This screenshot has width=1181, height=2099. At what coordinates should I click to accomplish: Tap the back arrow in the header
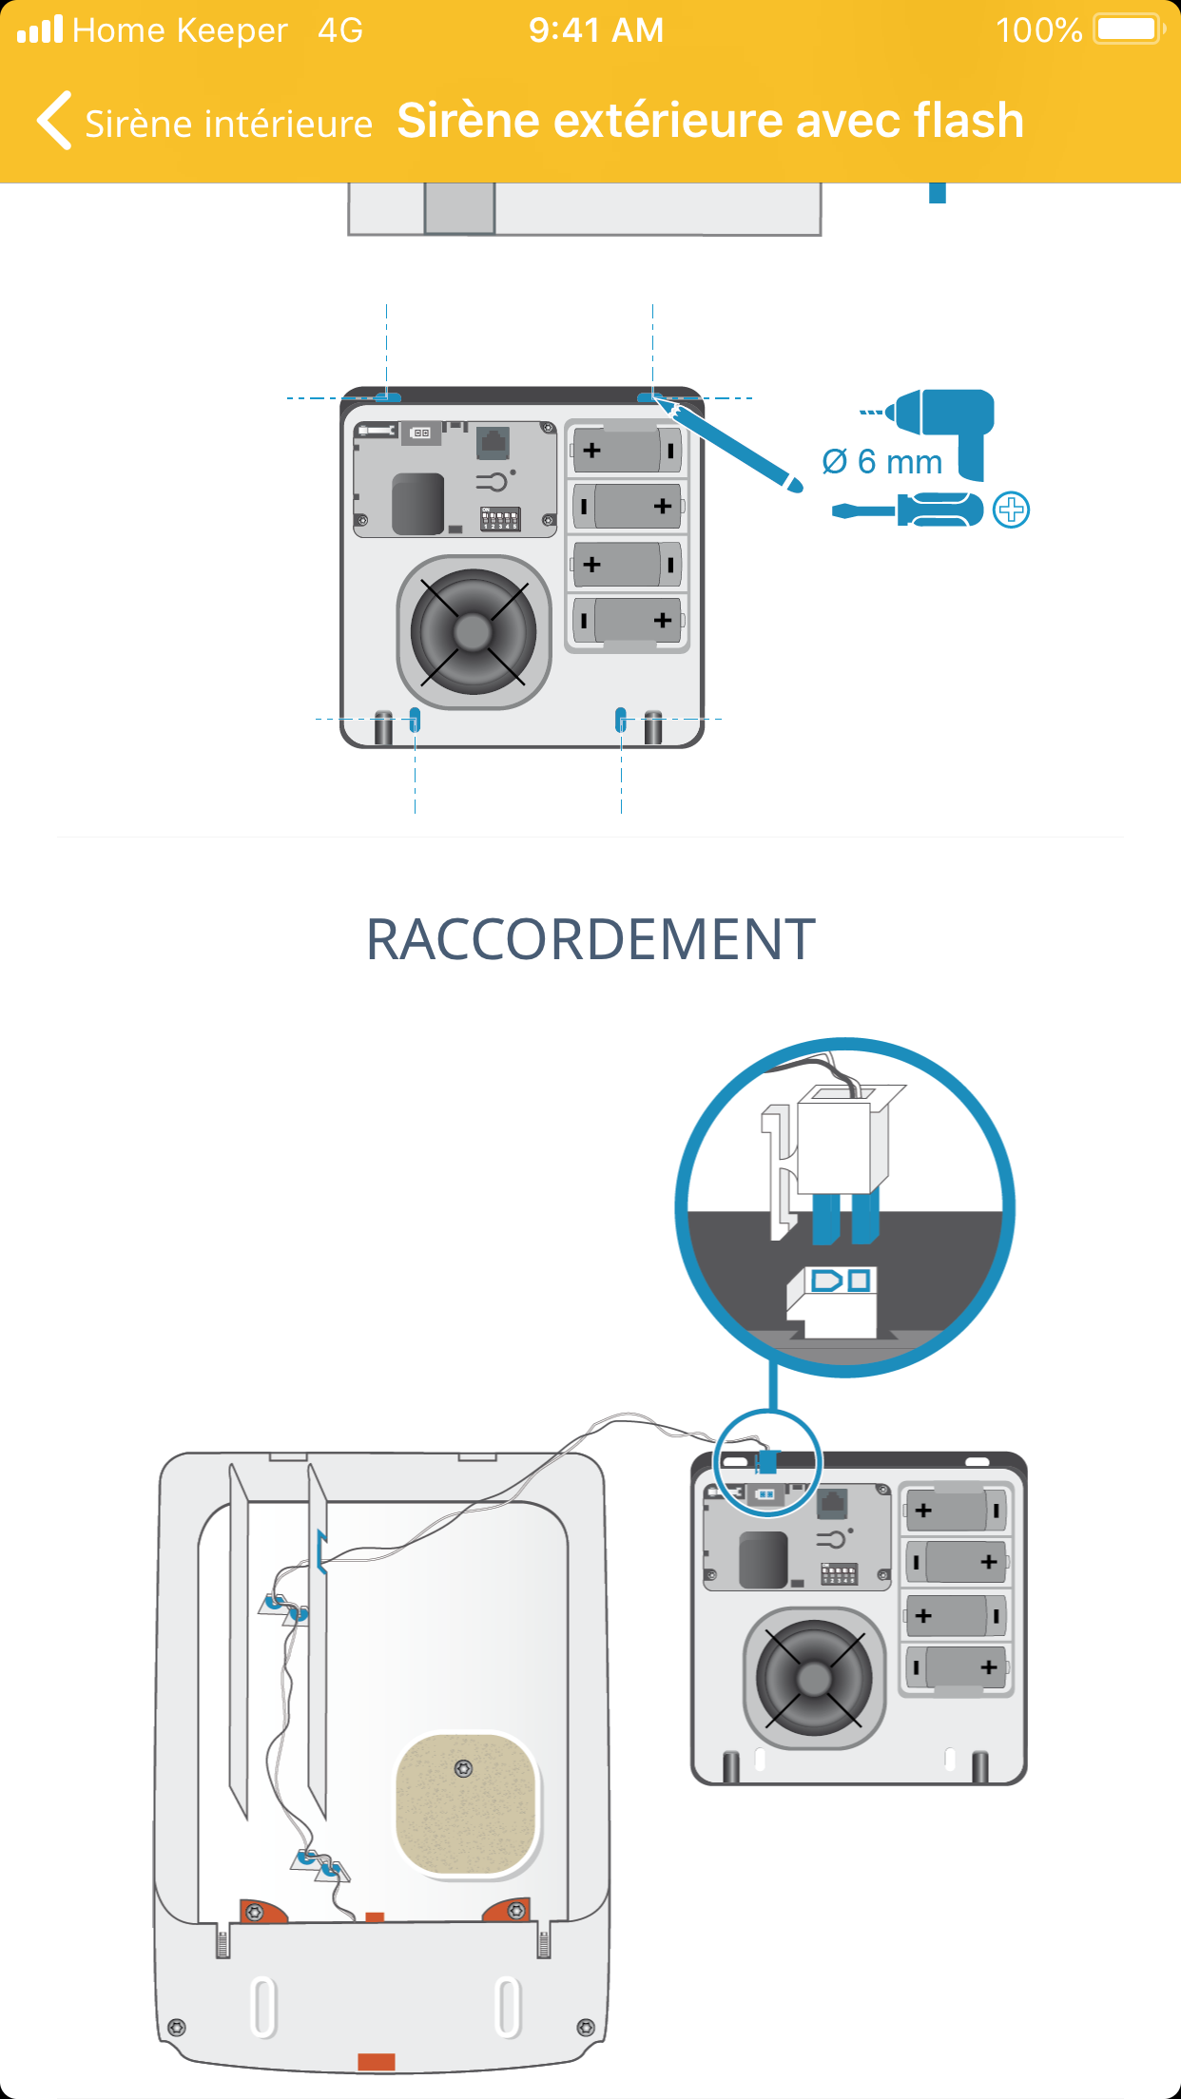(54, 121)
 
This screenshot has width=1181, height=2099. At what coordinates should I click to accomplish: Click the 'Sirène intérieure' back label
(228, 124)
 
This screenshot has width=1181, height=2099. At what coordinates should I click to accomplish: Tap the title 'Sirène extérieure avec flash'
(709, 121)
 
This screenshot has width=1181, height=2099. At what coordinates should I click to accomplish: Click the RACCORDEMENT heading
(590, 939)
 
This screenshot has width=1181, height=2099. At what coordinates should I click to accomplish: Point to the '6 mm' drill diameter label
(882, 462)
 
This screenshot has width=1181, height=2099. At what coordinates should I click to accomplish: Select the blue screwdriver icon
(908, 510)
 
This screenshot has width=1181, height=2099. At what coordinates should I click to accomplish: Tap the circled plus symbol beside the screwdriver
(1011, 510)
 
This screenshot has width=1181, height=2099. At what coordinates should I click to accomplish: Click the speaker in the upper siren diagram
(473, 631)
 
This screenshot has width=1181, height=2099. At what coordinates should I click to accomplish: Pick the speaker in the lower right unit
(814, 1678)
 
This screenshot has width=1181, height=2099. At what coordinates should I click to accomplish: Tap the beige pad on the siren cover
(466, 1804)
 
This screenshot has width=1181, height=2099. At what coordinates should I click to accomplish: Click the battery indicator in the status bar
(1128, 29)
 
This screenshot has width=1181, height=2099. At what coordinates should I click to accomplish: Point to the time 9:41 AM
(596, 30)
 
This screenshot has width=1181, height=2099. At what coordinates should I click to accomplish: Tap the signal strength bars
(39, 29)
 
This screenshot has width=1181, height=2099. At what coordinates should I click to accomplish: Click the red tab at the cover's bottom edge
(377, 2061)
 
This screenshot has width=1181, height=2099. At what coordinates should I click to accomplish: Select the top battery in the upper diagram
(627, 450)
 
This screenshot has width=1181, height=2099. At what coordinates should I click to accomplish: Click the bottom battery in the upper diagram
(627, 621)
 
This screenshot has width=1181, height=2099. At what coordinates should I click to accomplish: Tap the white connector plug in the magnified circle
(835, 1146)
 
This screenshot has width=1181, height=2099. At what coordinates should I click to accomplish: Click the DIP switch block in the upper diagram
(500, 519)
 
